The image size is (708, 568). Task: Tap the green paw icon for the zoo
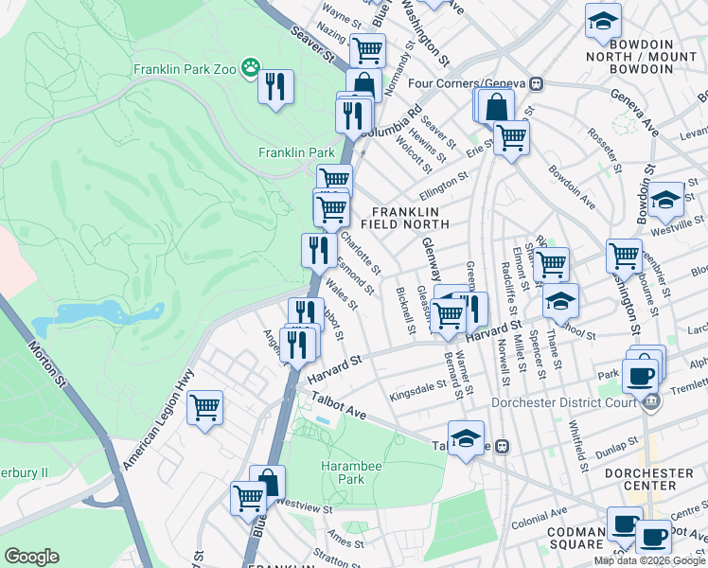250,66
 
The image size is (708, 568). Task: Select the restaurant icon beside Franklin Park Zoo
276,87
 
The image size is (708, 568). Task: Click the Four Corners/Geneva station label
468,82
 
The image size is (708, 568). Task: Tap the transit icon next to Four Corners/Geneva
536,82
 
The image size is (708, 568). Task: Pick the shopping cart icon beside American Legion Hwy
204,408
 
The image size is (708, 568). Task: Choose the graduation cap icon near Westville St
665,199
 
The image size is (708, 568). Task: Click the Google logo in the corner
31,557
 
